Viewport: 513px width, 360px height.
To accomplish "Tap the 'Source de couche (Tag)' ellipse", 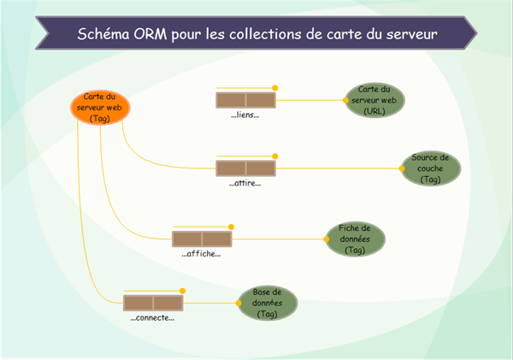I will pyautogui.click(x=431, y=168).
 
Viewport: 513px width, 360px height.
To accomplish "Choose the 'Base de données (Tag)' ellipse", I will pyautogui.click(x=267, y=303).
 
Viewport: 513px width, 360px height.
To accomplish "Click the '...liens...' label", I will pyautogui.click(x=245, y=115).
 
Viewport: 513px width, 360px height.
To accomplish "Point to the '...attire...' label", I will pyautogui.click(x=245, y=183).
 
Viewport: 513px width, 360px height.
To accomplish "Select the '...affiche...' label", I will pyautogui.click(x=202, y=253).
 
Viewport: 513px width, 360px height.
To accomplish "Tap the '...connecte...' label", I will pyautogui.click(x=152, y=318).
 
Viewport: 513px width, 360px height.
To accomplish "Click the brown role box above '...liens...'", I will pyautogui.click(x=245, y=100).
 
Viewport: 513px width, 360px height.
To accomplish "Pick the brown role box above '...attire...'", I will pyautogui.click(x=245, y=168).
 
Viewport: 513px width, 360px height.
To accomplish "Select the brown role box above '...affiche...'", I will pyautogui.click(x=202, y=239).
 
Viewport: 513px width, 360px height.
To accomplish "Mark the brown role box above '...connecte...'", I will pyautogui.click(x=153, y=303).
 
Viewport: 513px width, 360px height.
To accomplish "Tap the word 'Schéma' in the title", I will pyautogui.click(x=102, y=35).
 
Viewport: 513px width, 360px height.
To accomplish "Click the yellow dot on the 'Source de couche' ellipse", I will pyautogui.click(x=402, y=168).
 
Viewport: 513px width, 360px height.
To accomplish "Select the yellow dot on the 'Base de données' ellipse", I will pyautogui.click(x=238, y=303).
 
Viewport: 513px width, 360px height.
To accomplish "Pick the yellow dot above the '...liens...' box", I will pyautogui.click(x=275, y=87).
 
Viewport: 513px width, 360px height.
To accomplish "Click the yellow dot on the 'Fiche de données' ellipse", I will pyautogui.click(x=327, y=239).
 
